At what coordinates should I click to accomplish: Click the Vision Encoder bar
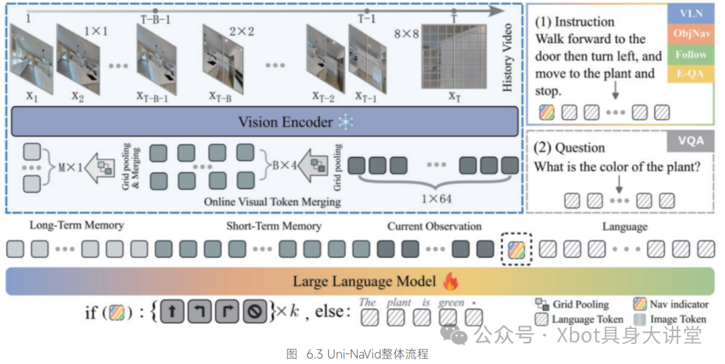pyautogui.click(x=265, y=122)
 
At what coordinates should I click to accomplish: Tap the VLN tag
pyautogui.click(x=691, y=13)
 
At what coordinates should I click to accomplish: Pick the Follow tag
pyautogui.click(x=691, y=54)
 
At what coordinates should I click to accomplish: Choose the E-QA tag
pyautogui.click(x=691, y=74)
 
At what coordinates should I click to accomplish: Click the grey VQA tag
pyautogui.click(x=691, y=141)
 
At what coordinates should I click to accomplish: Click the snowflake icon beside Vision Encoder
pyautogui.click(x=345, y=122)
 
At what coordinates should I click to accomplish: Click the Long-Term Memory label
pyautogui.click(x=76, y=226)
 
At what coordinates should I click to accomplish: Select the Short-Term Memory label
pyautogui.click(x=273, y=226)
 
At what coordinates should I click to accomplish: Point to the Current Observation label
pyautogui.click(x=434, y=226)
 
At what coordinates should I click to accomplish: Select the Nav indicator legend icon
pyautogui.click(x=640, y=304)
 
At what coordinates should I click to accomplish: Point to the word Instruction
pyautogui.click(x=584, y=21)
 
